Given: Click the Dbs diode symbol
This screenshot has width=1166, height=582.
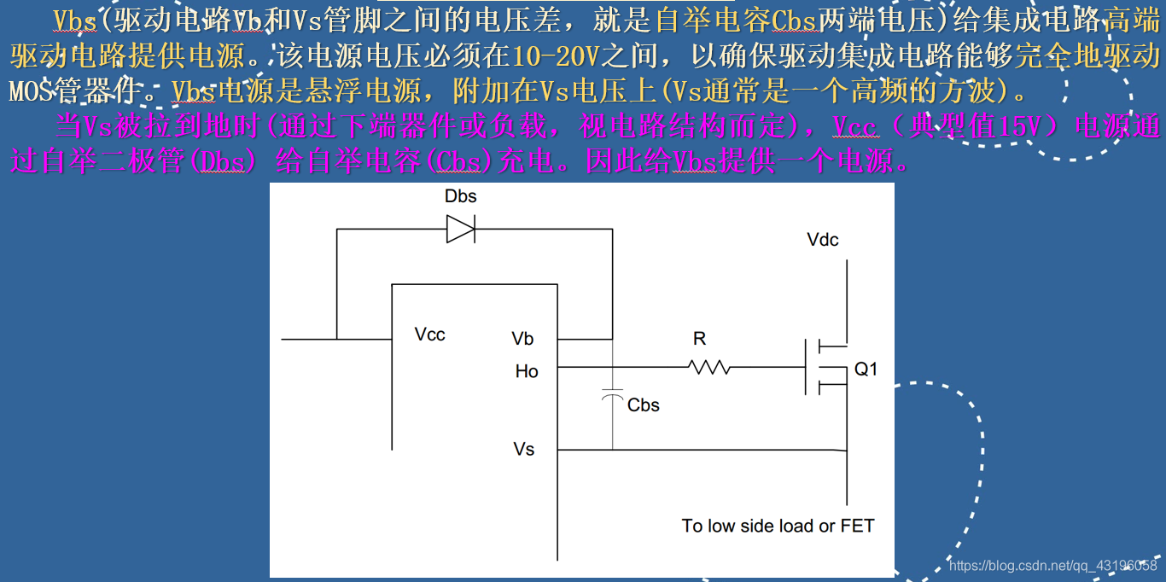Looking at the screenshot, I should point(461,229).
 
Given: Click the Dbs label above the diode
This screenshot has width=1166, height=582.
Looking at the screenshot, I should point(460,196).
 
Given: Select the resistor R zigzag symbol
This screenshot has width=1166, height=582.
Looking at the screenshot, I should point(708,367).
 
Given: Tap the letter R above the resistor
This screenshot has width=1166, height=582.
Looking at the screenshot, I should point(699,339).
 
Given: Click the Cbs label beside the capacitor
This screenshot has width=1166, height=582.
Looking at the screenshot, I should point(643,405).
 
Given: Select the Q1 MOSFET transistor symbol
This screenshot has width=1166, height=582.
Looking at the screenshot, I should point(824,367).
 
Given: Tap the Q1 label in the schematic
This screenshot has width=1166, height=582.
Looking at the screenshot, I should point(866,370).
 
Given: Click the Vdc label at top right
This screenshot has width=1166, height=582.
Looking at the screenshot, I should point(823,240).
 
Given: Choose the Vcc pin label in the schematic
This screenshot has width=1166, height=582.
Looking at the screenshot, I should point(429,335).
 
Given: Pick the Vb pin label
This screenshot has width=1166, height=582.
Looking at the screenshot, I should point(522,339).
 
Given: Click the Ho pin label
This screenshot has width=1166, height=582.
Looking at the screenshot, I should point(527,371).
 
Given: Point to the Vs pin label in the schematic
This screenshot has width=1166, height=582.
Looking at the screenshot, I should point(524,449).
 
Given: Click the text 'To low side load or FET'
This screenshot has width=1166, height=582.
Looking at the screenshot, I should point(778,526).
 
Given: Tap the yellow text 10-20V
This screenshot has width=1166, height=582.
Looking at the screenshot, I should point(558,56).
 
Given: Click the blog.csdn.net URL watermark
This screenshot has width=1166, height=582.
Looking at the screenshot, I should point(1052,566).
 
